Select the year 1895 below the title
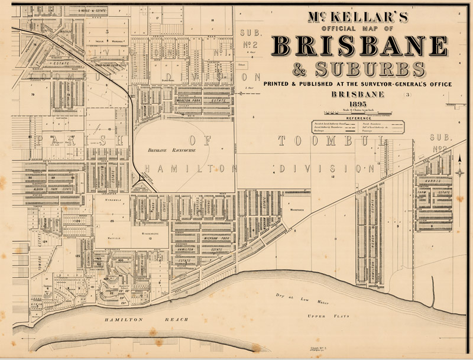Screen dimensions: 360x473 pos(358,104)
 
